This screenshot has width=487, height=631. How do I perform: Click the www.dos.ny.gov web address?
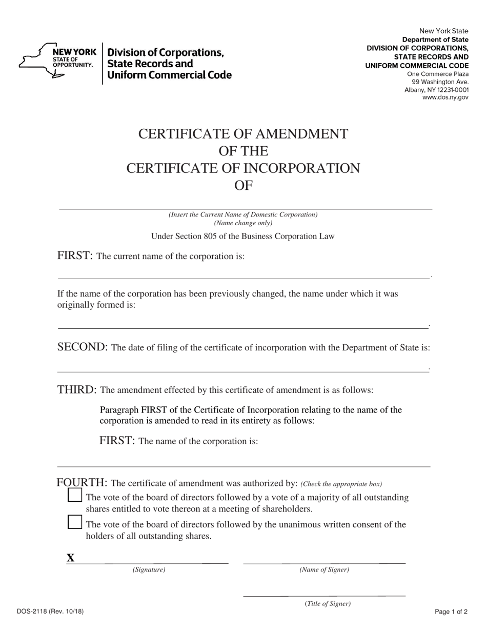445,97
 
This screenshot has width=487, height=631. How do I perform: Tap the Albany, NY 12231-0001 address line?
436,90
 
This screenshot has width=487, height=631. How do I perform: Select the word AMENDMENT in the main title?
301,134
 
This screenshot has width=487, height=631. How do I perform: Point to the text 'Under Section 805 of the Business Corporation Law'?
242,236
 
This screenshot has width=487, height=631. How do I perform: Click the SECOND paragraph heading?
82,347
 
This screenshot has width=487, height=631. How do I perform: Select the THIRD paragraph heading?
77,389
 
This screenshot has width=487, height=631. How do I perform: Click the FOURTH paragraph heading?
82,483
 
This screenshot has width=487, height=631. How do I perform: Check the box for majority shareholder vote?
75,495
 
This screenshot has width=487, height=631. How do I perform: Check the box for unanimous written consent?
75,522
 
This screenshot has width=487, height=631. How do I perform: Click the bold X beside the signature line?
71,558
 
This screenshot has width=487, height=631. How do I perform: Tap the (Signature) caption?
149,569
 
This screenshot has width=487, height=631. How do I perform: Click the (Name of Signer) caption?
324,569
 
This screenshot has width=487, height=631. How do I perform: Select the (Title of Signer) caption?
328,604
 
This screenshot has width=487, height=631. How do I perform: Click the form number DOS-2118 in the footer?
50,612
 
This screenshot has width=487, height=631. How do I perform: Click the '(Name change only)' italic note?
243,223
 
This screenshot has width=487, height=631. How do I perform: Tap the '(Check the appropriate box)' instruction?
341,484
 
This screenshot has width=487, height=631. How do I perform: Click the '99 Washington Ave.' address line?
440,82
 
